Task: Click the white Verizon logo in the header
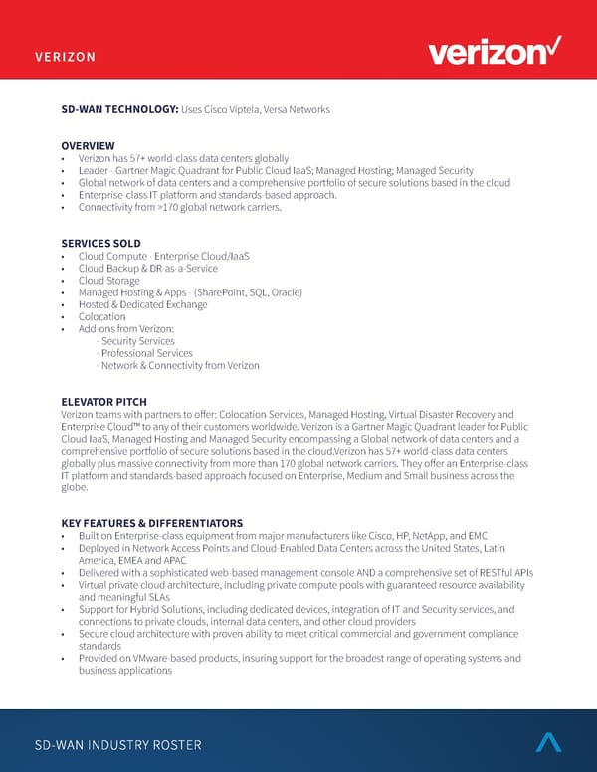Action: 494,53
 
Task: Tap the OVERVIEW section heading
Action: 88,146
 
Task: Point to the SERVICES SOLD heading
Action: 100,244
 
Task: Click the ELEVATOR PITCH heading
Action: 104,402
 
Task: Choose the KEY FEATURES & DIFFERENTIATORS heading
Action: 151,523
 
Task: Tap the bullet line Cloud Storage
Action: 109,281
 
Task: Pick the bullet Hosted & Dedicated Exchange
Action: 142,304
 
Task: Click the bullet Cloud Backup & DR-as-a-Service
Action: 149,269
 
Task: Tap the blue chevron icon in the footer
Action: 548,741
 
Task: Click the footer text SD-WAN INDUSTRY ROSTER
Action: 118,745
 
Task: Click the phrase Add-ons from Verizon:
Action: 126,329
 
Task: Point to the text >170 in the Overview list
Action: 176,207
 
